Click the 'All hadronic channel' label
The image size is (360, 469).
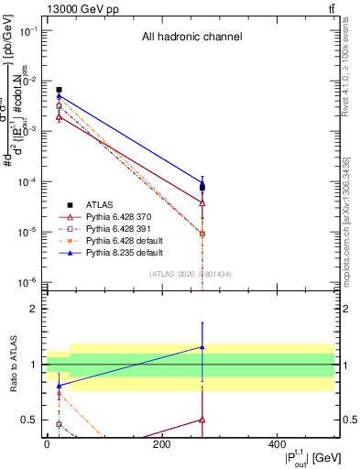click(191, 38)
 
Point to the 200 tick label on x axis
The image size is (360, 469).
click(161, 444)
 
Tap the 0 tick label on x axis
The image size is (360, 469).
click(47, 444)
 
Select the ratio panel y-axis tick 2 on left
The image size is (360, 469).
click(34, 310)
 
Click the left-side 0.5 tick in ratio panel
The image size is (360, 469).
click(30, 420)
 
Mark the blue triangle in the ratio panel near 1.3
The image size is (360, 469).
click(202, 347)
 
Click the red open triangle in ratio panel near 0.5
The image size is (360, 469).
click(202, 420)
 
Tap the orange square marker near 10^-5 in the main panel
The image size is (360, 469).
click(202, 234)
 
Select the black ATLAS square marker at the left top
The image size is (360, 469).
click(59, 90)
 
